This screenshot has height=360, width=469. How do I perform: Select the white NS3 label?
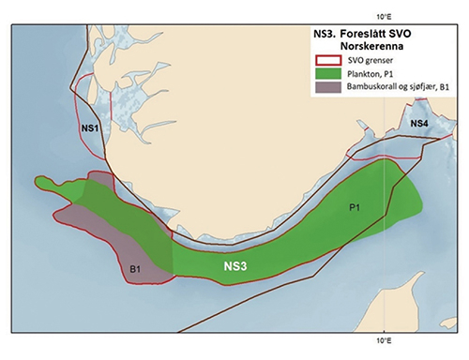point(235,267)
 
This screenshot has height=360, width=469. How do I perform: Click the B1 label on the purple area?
point(135,270)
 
